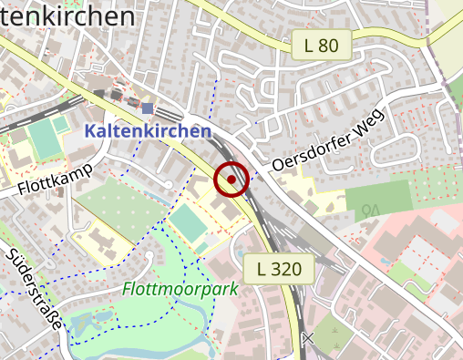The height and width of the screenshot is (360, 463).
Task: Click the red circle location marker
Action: coord(231,180)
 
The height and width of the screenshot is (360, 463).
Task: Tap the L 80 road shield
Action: coord(322,45)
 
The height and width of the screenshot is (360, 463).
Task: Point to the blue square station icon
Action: coord(148,109)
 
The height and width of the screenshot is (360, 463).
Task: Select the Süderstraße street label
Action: coord(34,292)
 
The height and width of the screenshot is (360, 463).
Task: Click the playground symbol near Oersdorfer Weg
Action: coord(370,211)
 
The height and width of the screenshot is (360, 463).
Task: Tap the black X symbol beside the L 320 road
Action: coord(308,339)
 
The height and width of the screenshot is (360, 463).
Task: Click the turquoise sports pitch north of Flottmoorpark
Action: coord(187,223)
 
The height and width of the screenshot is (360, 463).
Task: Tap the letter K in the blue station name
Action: coord(91,131)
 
